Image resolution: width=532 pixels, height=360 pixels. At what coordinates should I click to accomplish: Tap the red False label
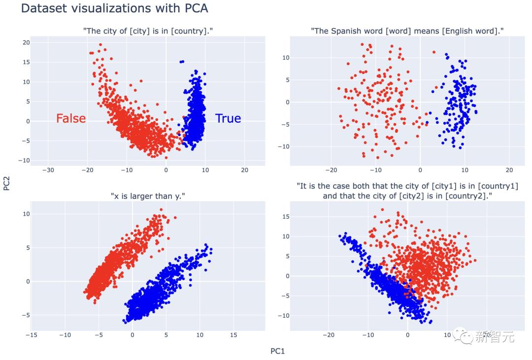pyautogui.click(x=71, y=119)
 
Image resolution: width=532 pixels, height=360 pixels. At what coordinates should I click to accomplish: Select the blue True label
pyautogui.click(x=228, y=119)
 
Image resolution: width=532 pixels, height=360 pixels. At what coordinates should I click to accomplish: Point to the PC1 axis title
pyautogui.click(x=278, y=351)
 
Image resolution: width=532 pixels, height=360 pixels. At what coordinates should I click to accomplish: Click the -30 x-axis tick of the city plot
pyautogui.click(x=48, y=170)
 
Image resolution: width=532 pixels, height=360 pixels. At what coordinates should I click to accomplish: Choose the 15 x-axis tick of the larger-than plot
pyautogui.click(x=233, y=335)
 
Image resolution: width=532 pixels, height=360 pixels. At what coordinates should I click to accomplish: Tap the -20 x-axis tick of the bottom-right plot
pyautogui.click(x=328, y=335)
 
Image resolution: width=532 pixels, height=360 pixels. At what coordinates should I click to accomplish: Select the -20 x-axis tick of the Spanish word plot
pyautogui.click(x=332, y=170)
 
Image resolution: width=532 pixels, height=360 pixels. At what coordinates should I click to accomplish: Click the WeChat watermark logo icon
pyautogui.click(x=465, y=336)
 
